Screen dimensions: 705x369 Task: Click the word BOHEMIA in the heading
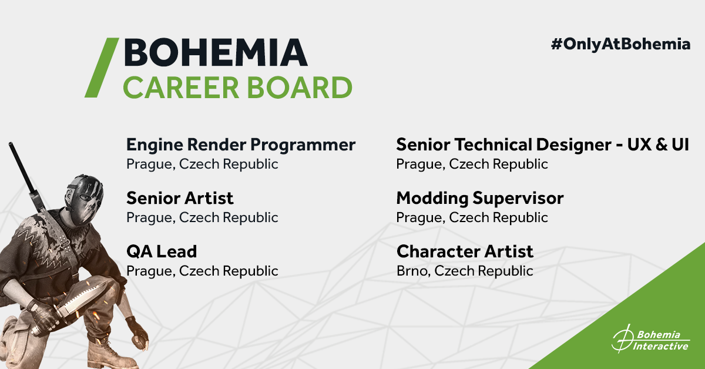coord(216,52)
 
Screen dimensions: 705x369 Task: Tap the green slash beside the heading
coord(102,68)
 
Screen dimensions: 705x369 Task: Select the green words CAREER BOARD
coord(237,87)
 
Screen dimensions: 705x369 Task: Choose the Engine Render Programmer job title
coord(241,145)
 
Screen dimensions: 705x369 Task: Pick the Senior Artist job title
coord(180,198)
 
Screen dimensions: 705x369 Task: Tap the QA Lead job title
coord(162,251)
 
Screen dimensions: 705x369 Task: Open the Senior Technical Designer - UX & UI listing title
coord(543,145)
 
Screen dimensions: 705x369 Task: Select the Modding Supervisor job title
coord(480,199)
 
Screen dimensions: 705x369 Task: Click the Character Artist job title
coord(465,251)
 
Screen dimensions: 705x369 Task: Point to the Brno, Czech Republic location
coord(465,271)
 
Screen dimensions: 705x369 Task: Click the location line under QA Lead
coord(202,271)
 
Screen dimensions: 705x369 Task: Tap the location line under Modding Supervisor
coord(472,217)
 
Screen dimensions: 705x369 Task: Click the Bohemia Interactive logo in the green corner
coord(650,340)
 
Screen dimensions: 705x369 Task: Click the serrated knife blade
coord(76,301)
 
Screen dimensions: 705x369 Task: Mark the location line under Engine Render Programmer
coord(202,164)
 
